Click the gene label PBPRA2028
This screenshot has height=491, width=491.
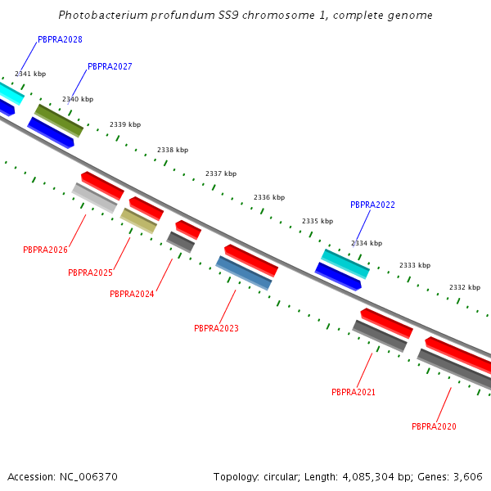click(x=60, y=39)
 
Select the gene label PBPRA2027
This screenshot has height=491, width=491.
click(x=110, y=66)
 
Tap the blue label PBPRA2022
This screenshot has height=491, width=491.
click(x=372, y=205)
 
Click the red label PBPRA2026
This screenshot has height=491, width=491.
click(x=45, y=250)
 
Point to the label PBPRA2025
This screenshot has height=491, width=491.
click(x=90, y=273)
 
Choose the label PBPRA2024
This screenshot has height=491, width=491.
click(x=132, y=294)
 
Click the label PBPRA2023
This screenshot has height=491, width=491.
click(x=216, y=328)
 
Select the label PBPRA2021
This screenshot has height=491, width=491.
click(x=354, y=392)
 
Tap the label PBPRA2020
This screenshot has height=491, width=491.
click(x=434, y=426)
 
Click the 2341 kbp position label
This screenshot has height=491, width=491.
click(x=30, y=74)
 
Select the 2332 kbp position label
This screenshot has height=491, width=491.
click(x=465, y=287)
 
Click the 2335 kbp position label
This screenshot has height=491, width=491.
click(x=318, y=221)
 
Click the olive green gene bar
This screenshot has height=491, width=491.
click(x=59, y=120)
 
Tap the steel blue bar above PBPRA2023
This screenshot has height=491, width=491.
click(x=244, y=273)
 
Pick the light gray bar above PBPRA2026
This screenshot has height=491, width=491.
click(x=94, y=198)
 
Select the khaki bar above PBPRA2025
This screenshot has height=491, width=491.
click(x=139, y=220)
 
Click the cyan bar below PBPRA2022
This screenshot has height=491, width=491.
click(x=345, y=264)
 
